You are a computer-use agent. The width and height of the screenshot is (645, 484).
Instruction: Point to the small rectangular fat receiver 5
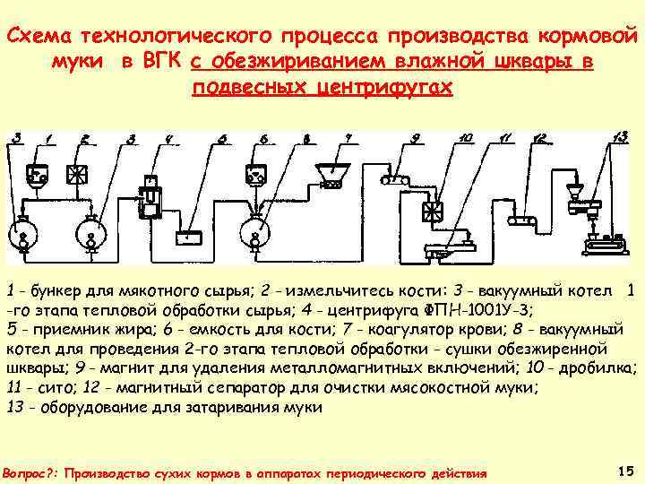[x=189, y=238]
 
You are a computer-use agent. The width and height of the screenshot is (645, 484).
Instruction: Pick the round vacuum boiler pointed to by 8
[x=256, y=228]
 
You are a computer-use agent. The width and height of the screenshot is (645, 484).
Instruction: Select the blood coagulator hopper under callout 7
[x=331, y=175]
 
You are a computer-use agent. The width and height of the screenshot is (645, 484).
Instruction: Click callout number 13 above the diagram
[x=619, y=135]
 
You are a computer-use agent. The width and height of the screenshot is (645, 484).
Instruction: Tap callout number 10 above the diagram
[x=465, y=137]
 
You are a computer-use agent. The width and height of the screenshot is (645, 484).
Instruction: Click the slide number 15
[x=626, y=470]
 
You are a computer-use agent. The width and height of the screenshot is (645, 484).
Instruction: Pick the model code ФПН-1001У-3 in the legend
[x=479, y=310]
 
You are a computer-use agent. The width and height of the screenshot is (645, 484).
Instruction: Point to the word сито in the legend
[x=46, y=388]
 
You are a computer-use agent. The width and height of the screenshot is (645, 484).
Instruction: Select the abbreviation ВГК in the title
[x=159, y=63]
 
